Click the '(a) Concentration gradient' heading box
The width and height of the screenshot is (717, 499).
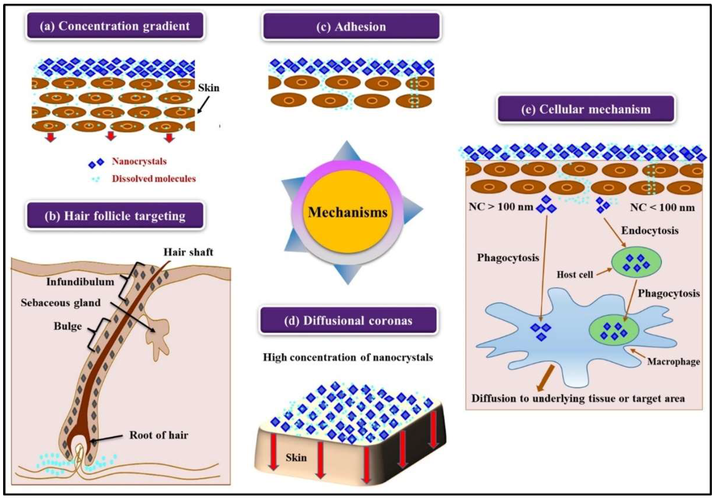coord(114,26)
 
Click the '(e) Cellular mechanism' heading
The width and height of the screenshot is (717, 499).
coord(586,109)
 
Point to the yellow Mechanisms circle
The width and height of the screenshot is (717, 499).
coord(347,212)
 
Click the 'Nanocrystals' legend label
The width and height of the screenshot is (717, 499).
coord(139,161)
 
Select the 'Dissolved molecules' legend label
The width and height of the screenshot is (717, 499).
coord(154,179)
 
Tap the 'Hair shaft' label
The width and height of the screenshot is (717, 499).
coord(188,252)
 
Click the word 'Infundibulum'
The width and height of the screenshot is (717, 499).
coord(80,282)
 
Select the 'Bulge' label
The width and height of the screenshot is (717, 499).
coord(68,326)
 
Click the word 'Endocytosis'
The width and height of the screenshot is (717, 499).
coord(650,230)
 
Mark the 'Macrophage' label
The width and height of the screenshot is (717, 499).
coord(673,362)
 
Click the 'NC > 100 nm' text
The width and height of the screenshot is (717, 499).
coord(501,207)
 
